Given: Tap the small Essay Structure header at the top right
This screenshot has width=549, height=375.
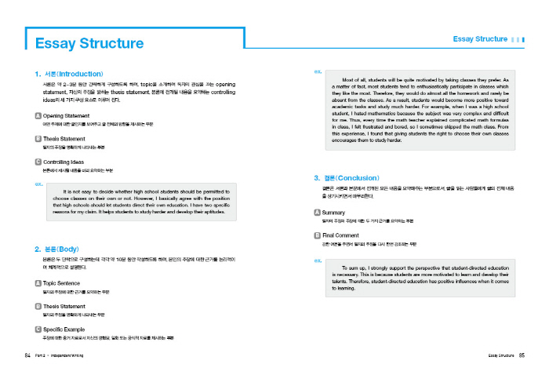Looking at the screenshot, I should tap(480, 38).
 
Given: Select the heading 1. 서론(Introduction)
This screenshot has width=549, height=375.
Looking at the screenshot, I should tap(69, 73).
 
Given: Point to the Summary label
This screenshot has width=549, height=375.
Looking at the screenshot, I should tap(334, 213).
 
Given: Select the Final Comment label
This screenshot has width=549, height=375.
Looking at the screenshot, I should tap(341, 235).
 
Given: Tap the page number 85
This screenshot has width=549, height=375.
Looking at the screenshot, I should tap(521, 355).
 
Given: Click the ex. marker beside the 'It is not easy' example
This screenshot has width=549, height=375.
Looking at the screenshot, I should tap(38, 184).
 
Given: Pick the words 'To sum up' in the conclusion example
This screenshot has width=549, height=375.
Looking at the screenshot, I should tap(355, 268).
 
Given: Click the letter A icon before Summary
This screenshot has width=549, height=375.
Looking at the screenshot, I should tap(317, 213).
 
